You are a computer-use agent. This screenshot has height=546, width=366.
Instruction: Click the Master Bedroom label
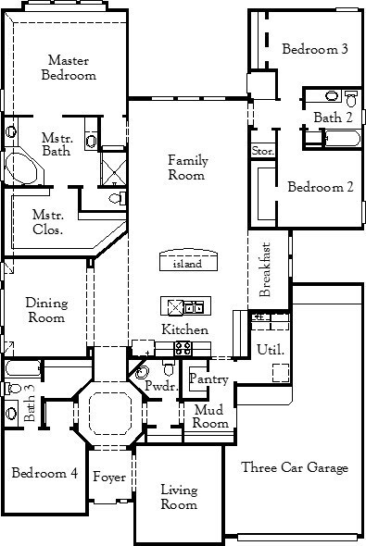pyautogui.click(x=69, y=68)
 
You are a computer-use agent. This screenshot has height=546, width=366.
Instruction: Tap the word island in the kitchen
pyautogui.click(x=187, y=264)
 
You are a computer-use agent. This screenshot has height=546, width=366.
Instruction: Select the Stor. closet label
pyautogui.click(x=263, y=151)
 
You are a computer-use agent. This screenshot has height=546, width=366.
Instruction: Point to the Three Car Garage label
pyautogui.click(x=295, y=467)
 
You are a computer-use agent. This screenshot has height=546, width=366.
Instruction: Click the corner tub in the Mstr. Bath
pyautogui.click(x=22, y=168)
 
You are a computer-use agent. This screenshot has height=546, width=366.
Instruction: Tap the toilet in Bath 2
pyautogui.click(x=351, y=98)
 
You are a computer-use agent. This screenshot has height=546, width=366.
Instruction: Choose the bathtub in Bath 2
pyautogui.click(x=342, y=138)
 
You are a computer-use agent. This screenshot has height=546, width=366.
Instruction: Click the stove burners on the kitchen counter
pyautogui.click(x=183, y=348)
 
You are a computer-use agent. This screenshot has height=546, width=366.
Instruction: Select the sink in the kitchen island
pyautogui.click(x=194, y=307)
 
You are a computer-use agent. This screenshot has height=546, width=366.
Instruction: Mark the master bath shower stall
pyautogui.click(x=114, y=168)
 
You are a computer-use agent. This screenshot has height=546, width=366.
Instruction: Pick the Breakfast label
pyautogui.click(x=265, y=269)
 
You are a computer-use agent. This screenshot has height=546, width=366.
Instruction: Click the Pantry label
pyautogui.click(x=208, y=378)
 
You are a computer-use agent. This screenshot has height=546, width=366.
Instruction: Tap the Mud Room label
pyautogui.click(x=210, y=416)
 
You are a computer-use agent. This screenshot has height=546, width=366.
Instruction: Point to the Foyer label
pyautogui.click(x=109, y=477)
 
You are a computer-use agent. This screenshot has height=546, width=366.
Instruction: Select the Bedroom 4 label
pyautogui.click(x=44, y=473)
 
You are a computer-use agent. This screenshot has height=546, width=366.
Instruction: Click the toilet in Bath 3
pyautogui.click(x=13, y=388)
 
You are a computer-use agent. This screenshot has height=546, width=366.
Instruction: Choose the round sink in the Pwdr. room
pyautogui.click(x=142, y=372)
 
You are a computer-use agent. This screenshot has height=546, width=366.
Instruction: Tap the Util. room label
pyautogui.click(x=271, y=349)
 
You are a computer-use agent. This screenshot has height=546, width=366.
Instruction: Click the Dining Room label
pyautogui.click(x=46, y=310)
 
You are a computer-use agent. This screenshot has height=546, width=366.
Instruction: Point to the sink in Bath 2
pyautogui.click(x=332, y=95)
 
